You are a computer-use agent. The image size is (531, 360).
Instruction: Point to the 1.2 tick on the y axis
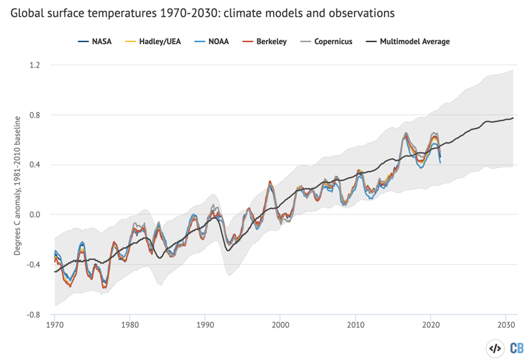tap(35, 65)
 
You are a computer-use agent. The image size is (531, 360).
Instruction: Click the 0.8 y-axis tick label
tap(35, 115)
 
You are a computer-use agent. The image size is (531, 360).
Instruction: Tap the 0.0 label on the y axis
tap(35, 214)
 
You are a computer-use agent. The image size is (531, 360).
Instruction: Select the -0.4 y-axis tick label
tap(33, 265)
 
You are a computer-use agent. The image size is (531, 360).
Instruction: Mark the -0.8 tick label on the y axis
tap(33, 314)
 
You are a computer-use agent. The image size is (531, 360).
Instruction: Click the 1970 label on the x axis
tap(55, 326)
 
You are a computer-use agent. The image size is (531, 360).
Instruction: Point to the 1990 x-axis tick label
tap(205, 326)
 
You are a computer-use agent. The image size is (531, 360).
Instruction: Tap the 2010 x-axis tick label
tap(355, 326)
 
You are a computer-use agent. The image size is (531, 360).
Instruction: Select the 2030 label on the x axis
tap(505, 326)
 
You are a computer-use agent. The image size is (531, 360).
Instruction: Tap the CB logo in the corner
tap(516, 348)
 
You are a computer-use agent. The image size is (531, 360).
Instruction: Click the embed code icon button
tap(495, 348)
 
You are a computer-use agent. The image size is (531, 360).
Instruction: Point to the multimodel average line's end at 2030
tap(513, 118)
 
